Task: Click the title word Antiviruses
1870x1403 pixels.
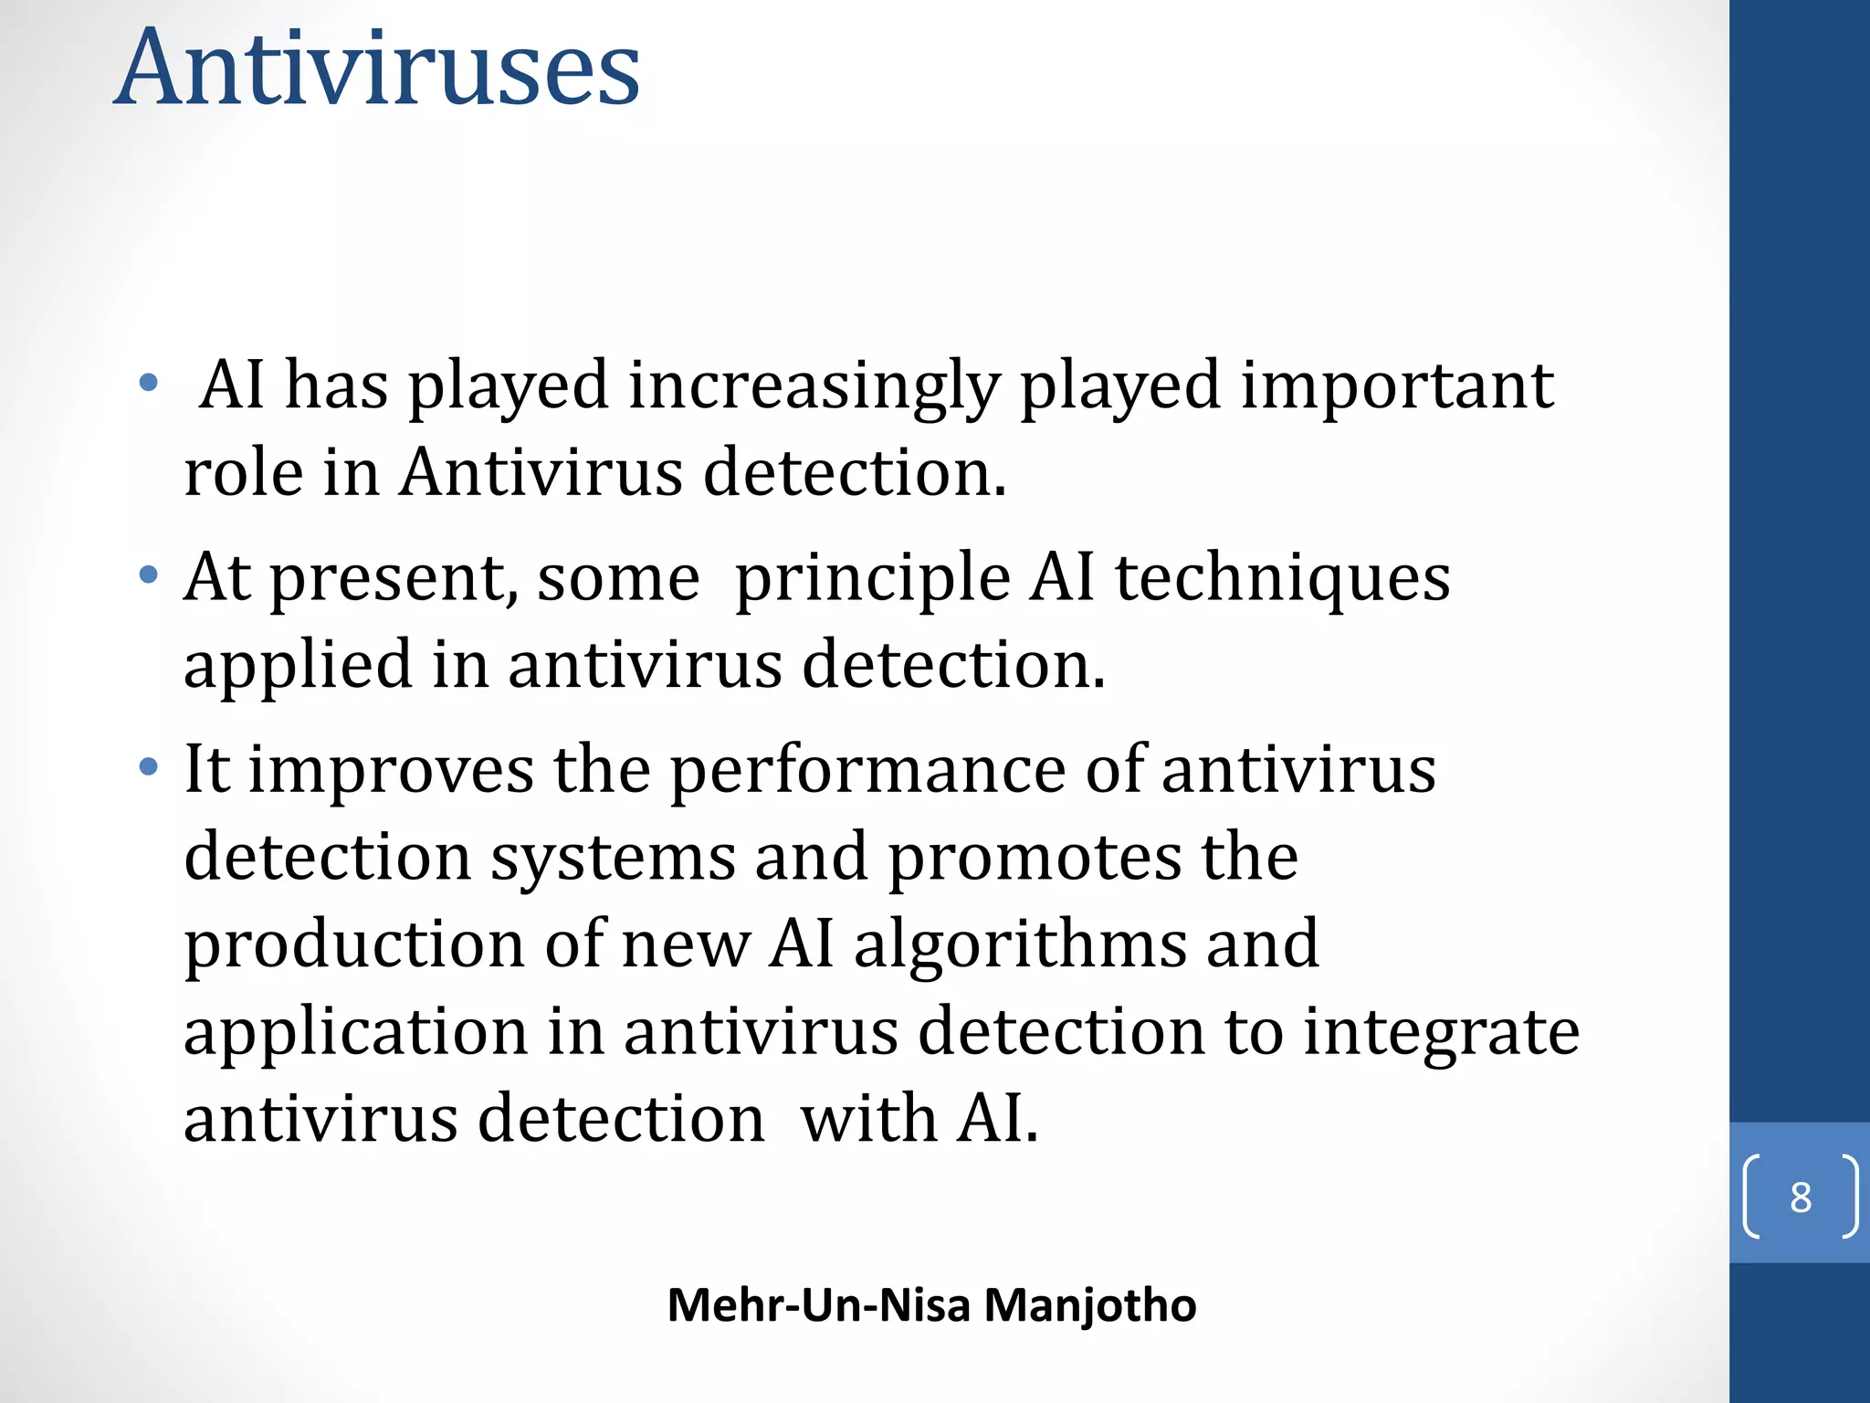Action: coord(377,69)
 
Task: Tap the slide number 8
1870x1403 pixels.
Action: coord(1800,1197)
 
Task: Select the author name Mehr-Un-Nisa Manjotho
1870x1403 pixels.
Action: coord(931,1304)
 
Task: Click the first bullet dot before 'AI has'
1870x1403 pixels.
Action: coord(149,383)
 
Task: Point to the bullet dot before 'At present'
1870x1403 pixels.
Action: coord(149,575)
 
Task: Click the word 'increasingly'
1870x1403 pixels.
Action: coord(814,385)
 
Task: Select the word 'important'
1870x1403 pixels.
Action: coord(1397,385)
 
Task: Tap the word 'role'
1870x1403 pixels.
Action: coord(243,472)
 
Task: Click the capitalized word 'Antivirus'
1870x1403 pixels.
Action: coord(541,472)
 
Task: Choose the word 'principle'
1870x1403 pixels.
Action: coord(872,579)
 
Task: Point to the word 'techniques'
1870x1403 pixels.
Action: coord(1283,579)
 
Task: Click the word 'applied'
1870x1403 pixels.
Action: coord(298,665)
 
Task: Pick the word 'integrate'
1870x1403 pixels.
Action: coord(1441,1032)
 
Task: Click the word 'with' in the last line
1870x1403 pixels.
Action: coord(868,1119)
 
